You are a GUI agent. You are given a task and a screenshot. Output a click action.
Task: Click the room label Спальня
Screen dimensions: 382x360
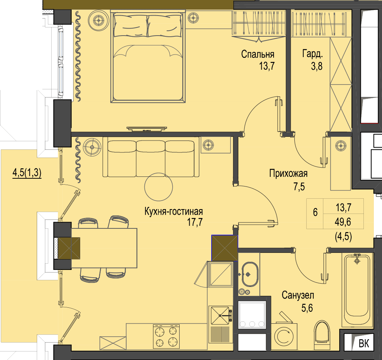pos(258,54)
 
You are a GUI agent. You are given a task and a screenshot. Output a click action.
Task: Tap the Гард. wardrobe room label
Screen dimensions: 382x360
pos(313,54)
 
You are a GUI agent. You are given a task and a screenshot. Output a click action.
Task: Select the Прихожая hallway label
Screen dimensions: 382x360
pos(288,174)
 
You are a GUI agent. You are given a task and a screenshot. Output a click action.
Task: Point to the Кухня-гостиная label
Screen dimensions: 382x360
pos(173,211)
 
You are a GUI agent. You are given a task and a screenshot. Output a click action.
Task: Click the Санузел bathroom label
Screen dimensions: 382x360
pos(298,295)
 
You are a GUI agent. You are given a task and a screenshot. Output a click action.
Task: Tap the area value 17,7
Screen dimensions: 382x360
pos(195,222)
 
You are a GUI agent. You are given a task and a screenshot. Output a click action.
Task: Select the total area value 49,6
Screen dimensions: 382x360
pos(343,222)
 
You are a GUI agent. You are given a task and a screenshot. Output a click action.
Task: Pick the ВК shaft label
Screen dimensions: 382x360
pos(364,344)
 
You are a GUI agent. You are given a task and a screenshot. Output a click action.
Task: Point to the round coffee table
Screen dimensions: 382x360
pos(159,187)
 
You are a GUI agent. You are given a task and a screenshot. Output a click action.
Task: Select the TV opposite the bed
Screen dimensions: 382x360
pos(147,129)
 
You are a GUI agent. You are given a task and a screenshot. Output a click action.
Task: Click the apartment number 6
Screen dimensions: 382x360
pos(315,212)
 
